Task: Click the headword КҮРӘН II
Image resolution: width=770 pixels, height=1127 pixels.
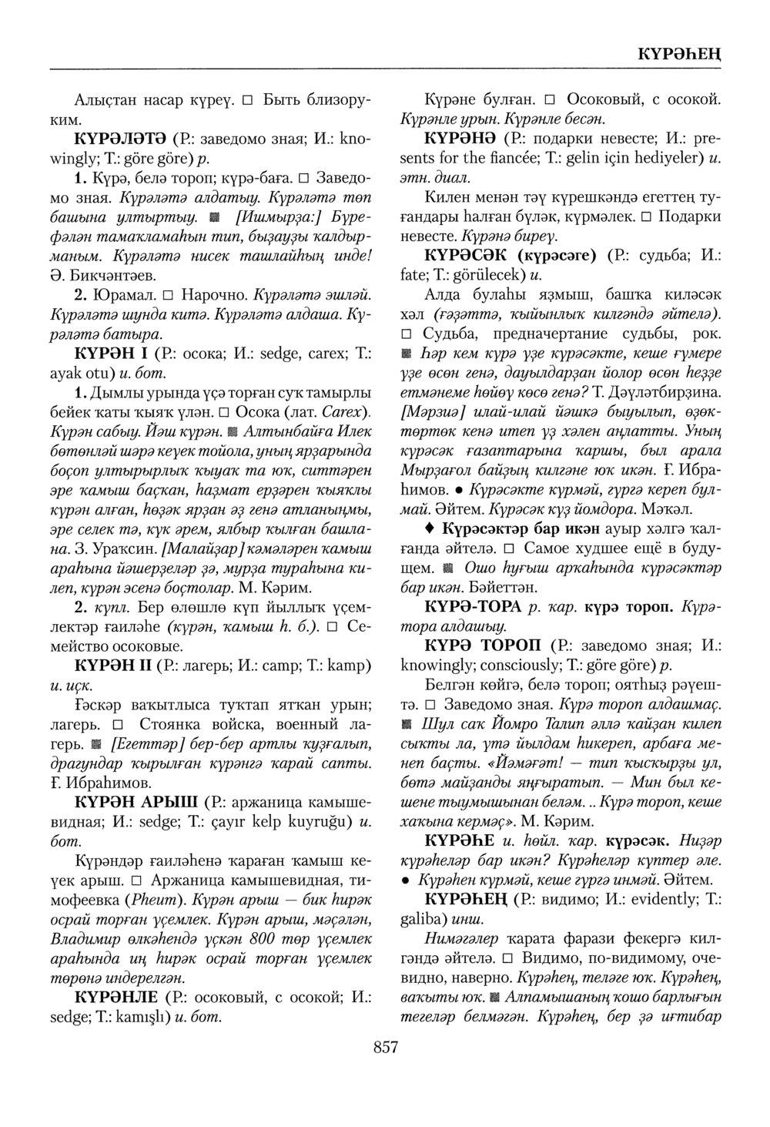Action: click(x=112, y=664)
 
